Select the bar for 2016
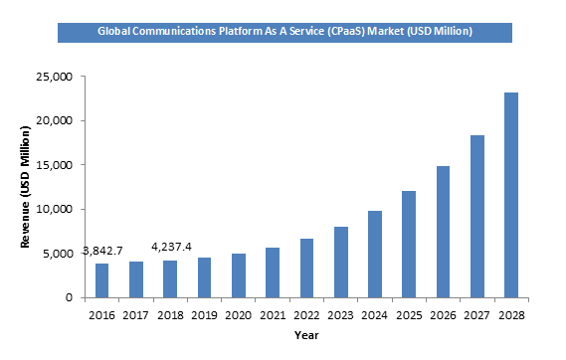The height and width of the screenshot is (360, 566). (101, 280)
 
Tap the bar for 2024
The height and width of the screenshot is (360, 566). (375, 254)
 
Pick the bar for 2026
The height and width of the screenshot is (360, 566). (443, 232)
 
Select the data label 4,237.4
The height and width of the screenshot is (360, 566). (170, 247)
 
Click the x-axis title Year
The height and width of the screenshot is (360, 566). (306, 335)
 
